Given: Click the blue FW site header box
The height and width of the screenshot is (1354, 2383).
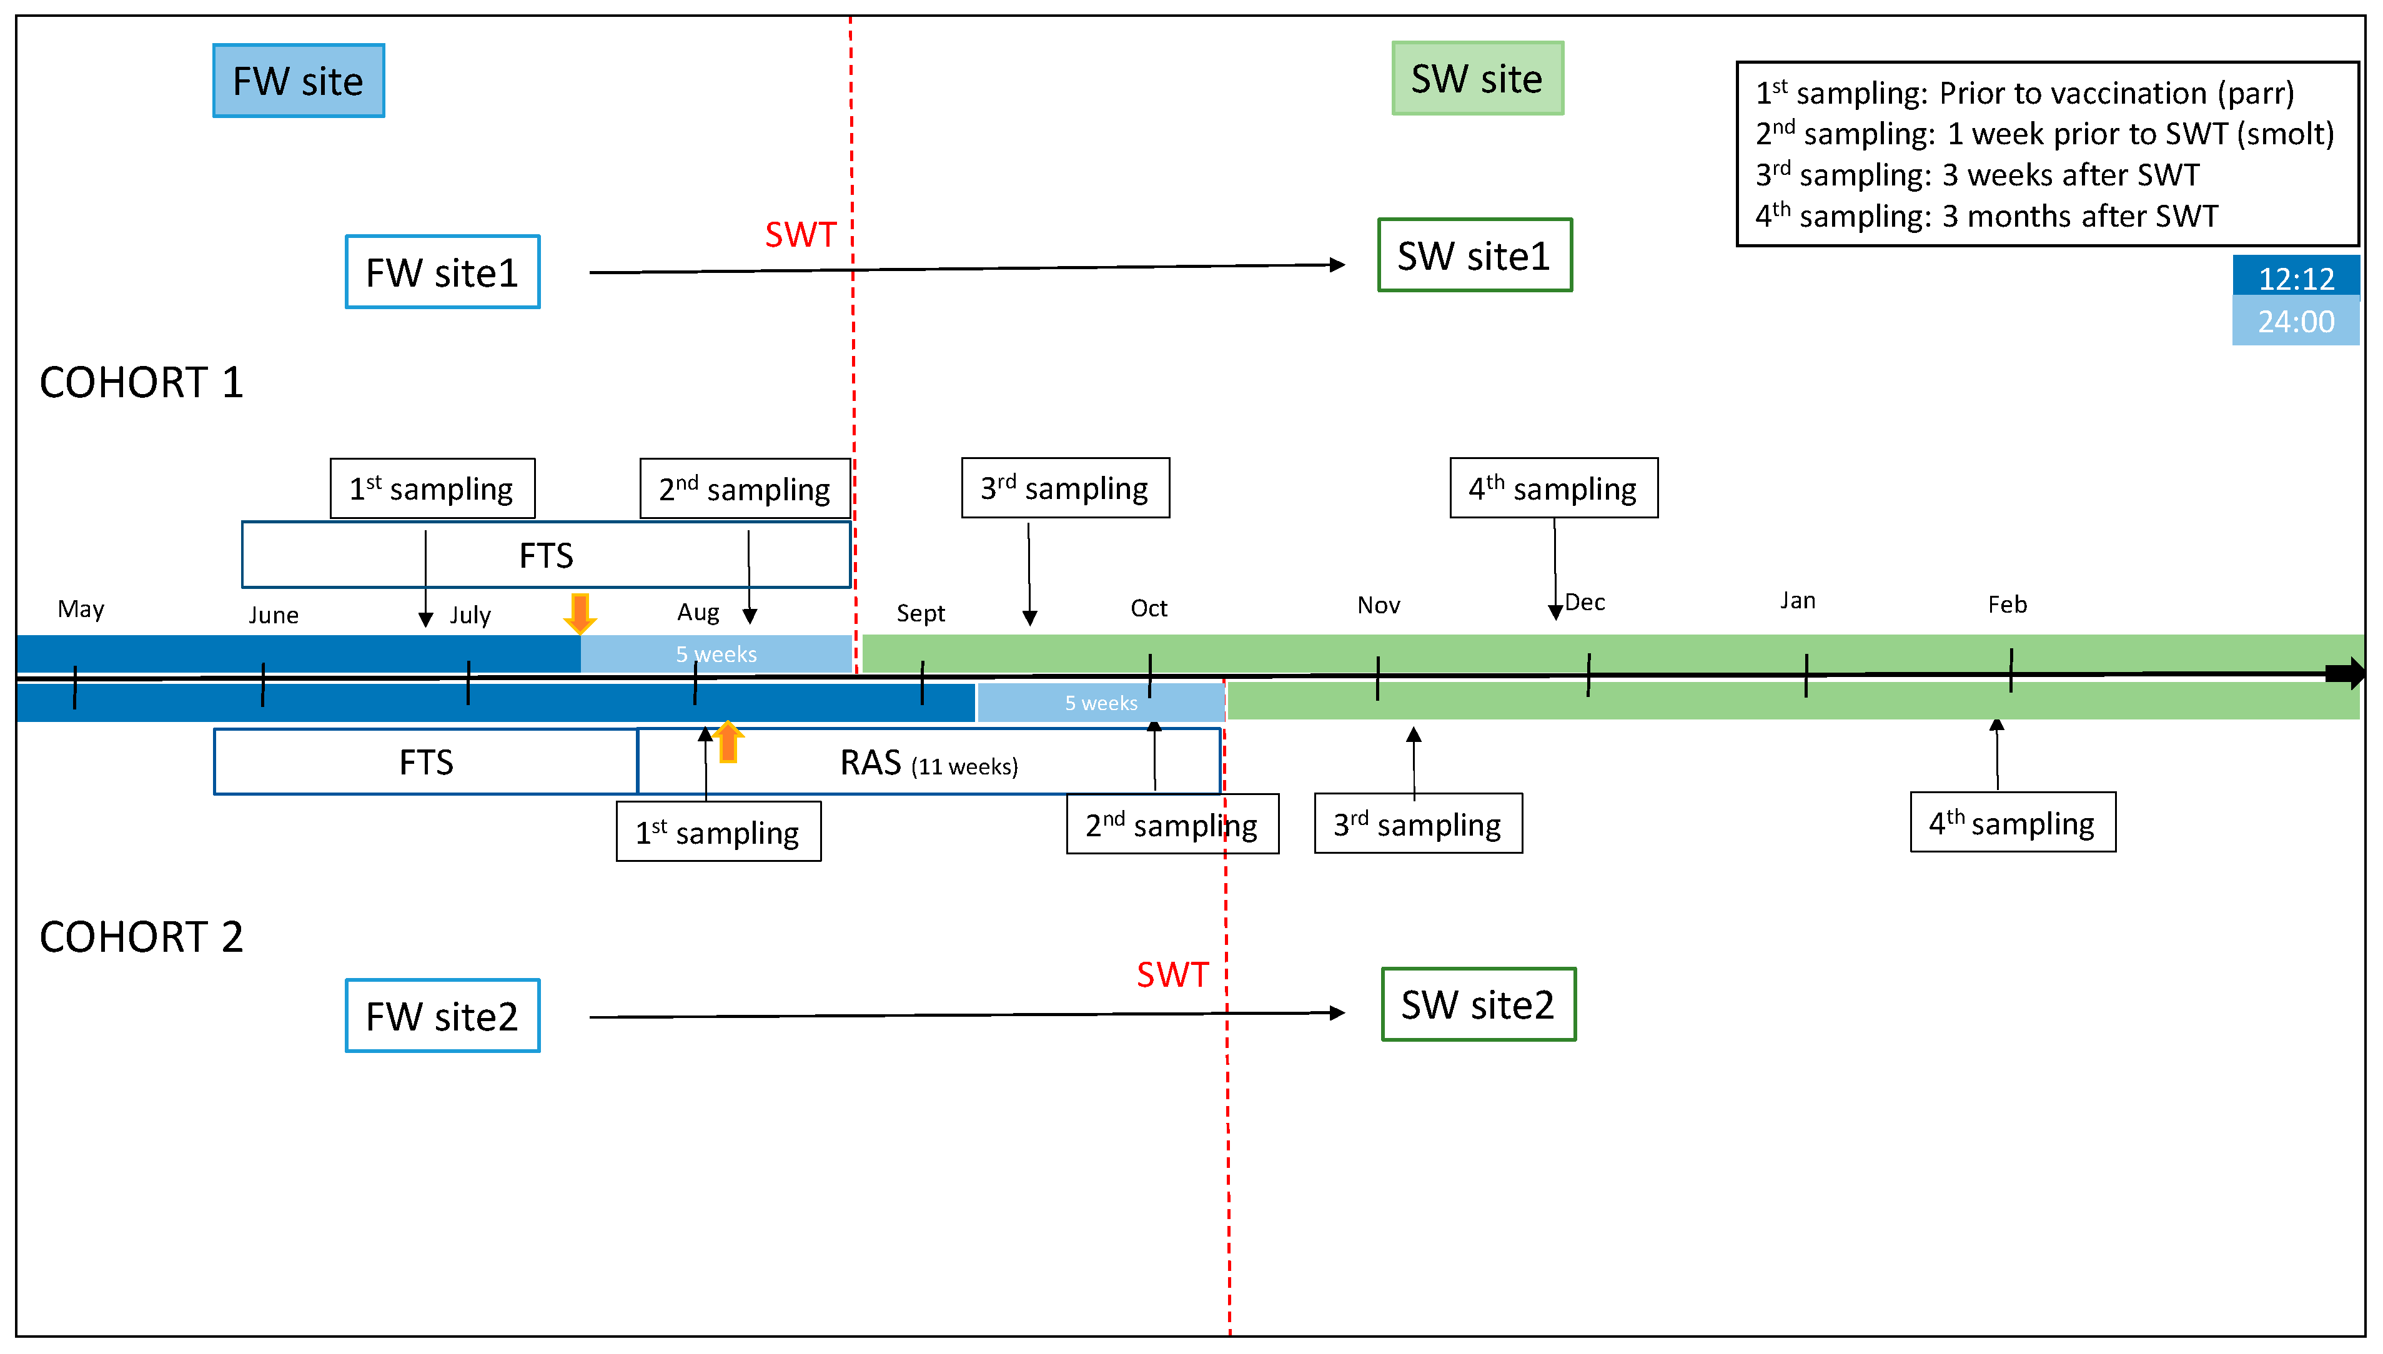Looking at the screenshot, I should coord(299,81).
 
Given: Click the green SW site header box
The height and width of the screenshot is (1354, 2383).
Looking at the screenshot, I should coord(1477,79).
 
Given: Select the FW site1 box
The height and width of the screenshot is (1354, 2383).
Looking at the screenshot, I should coord(443,272).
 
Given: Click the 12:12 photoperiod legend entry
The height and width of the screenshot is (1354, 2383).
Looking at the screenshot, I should coord(2296,278).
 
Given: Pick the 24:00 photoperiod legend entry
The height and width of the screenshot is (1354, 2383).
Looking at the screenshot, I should coord(2296,322).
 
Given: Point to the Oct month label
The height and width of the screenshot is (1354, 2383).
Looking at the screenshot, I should coord(1149,608).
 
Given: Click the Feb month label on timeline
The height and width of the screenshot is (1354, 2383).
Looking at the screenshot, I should coord(2007,605).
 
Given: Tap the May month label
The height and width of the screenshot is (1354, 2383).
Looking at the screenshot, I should coord(81,609).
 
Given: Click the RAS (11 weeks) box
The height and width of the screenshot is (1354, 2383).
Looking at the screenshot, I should coord(928,763).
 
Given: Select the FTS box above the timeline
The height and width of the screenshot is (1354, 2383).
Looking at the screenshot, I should coord(546,556).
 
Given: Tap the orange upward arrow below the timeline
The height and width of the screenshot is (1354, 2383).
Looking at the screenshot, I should coord(728,742).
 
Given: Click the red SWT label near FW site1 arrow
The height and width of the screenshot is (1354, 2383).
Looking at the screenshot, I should coord(801,234).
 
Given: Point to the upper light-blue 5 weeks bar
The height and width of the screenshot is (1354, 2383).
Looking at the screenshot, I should coord(716,655).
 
